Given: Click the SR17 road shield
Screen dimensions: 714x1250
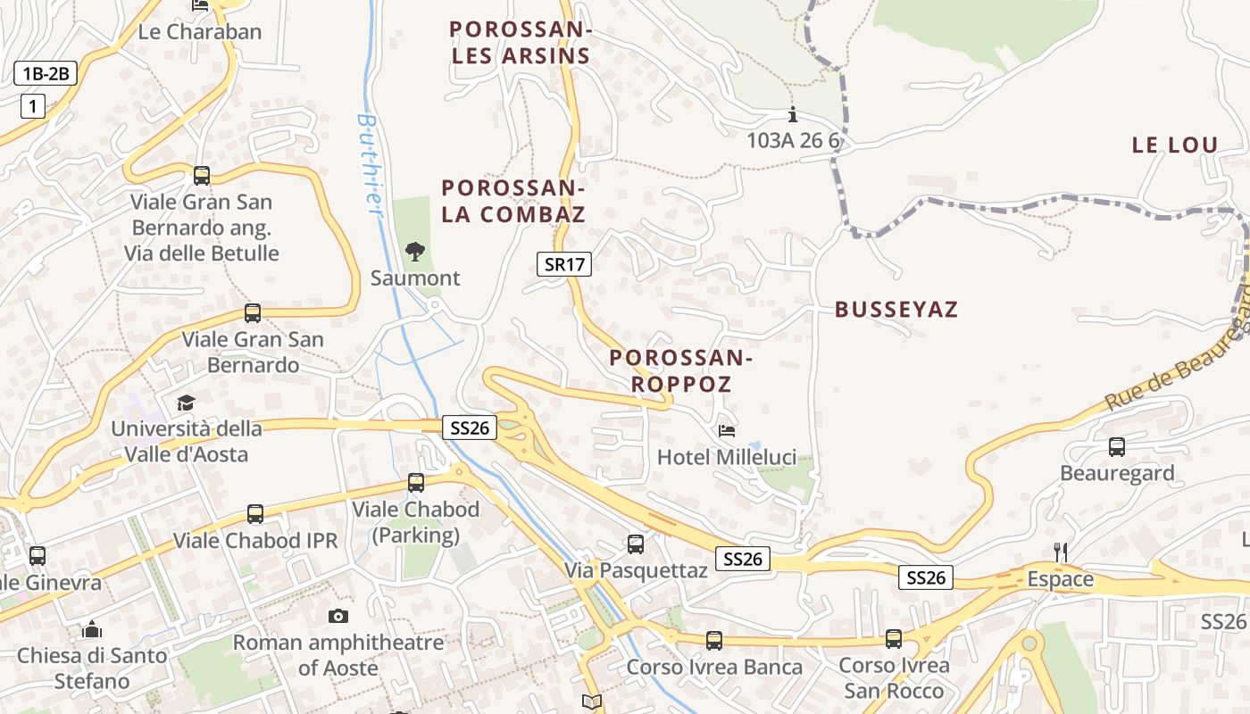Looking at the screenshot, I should [x=564, y=264].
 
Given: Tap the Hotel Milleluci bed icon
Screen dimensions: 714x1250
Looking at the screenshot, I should [x=727, y=431].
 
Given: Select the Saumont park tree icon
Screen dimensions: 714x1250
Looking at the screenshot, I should [x=415, y=252].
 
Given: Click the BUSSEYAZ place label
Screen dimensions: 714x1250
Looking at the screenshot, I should [x=896, y=310].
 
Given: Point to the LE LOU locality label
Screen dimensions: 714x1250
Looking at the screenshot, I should [x=1174, y=145].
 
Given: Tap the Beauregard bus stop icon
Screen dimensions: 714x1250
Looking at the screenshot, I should [x=1116, y=447].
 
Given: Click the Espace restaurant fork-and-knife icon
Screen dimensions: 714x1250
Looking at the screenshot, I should [x=1061, y=552].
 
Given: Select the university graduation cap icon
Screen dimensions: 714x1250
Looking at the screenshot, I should [x=186, y=403].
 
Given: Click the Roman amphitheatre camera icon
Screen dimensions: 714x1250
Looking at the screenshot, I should [x=337, y=616].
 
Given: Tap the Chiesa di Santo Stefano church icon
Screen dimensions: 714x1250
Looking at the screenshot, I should [x=92, y=630].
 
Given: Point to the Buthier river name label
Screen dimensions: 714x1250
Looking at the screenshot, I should [x=369, y=164].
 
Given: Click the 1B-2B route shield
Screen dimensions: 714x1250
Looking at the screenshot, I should [x=46, y=73].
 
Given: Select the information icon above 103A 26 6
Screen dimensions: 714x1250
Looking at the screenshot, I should [x=792, y=115].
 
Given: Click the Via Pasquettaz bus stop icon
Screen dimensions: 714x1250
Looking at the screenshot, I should [x=635, y=544].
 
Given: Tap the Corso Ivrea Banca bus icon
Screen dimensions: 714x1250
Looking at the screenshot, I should [x=713, y=640].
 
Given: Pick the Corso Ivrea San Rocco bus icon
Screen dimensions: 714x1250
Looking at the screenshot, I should [x=894, y=639].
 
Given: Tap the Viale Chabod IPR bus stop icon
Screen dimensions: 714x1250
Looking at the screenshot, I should [x=255, y=514].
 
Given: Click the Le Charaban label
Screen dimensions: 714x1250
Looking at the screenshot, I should [x=200, y=32].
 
